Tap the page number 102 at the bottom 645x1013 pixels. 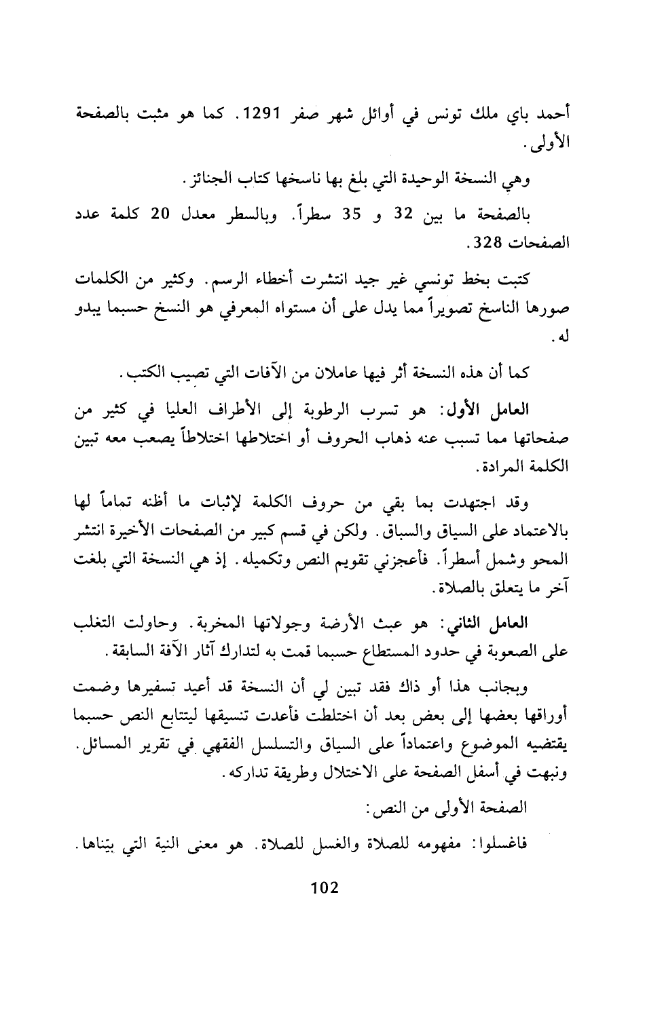coord(323,889)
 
